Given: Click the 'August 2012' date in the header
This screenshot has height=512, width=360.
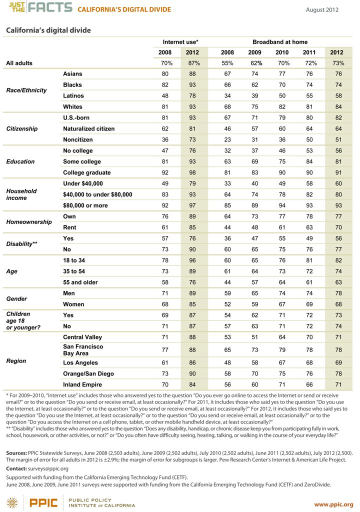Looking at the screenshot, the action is click(x=322, y=10).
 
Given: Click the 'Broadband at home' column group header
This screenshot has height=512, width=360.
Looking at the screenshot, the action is click(x=280, y=42).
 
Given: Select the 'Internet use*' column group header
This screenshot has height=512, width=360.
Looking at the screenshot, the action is click(x=180, y=42).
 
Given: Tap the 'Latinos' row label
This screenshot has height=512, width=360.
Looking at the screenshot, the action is click(x=73, y=95).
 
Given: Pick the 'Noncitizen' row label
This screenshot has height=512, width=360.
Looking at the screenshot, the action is click(x=77, y=139).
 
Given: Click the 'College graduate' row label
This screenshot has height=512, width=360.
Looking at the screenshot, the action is click(x=87, y=172).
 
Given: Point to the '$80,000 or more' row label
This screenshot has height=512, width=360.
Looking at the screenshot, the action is click(x=85, y=205).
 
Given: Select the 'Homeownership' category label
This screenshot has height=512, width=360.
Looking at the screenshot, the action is click(x=29, y=222).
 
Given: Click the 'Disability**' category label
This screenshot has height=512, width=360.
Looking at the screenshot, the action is click(x=21, y=244).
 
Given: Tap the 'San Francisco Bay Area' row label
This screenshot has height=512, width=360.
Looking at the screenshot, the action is click(x=83, y=349).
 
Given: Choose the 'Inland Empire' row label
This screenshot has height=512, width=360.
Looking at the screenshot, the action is click(x=82, y=384).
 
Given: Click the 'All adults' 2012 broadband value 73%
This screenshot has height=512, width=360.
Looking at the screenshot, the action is click(x=338, y=63).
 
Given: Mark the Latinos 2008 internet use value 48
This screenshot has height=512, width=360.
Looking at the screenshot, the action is click(x=165, y=95).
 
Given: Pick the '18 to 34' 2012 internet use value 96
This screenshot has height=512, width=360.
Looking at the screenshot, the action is click(x=192, y=260).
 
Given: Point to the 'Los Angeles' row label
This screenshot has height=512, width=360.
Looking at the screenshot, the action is click(x=80, y=363).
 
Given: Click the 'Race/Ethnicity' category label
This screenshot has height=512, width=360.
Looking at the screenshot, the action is click(x=26, y=90).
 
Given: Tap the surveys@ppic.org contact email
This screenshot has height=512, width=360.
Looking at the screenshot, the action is click(x=48, y=468).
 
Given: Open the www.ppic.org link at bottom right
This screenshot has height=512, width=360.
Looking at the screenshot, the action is click(x=333, y=504).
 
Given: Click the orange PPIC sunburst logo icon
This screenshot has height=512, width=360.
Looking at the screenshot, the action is click(x=12, y=503).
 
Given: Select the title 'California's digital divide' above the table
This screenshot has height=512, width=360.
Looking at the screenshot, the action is click(x=48, y=30).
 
